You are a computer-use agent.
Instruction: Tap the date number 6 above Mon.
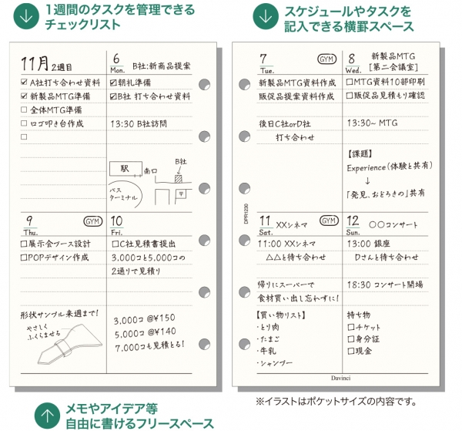[116, 59]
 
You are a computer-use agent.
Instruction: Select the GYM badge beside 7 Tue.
[326, 59]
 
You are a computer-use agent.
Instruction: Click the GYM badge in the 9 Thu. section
[92, 221]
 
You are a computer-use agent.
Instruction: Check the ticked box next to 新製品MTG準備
[24, 96]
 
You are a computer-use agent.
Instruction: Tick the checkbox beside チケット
[351, 327]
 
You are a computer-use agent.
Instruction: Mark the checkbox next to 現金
[351, 351]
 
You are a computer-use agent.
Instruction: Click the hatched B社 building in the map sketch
[179, 178]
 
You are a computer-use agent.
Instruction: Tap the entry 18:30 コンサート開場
[384, 285]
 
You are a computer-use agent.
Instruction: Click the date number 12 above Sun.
[353, 221]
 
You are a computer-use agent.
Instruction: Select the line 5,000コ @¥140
[144, 334]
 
